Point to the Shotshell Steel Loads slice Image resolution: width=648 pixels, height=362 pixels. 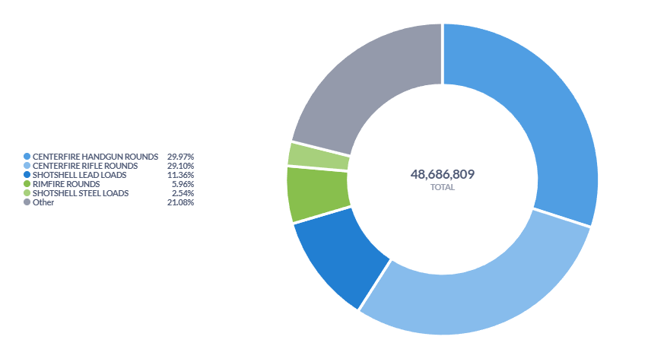tap(318, 154)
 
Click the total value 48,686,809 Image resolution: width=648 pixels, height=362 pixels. tap(442, 174)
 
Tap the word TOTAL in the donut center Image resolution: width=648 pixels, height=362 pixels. tap(442, 187)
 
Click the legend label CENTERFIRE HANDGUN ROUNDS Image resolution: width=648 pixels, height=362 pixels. tap(95, 156)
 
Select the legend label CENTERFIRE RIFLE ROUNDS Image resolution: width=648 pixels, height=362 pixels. tap(85, 165)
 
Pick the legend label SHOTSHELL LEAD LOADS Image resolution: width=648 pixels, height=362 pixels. tap(79, 174)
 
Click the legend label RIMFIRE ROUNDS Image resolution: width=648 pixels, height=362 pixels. tap(65, 183)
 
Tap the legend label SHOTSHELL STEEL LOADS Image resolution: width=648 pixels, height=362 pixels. tap(81, 193)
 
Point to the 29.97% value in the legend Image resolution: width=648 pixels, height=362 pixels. tap(180, 156)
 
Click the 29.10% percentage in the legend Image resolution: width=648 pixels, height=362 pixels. tap(180, 165)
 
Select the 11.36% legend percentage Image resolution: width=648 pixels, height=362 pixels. tap(180, 174)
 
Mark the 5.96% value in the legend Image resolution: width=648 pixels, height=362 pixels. tap(183, 183)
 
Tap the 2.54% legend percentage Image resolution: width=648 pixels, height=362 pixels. tap(183, 193)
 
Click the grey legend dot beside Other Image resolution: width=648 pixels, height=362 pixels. tap(27, 202)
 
